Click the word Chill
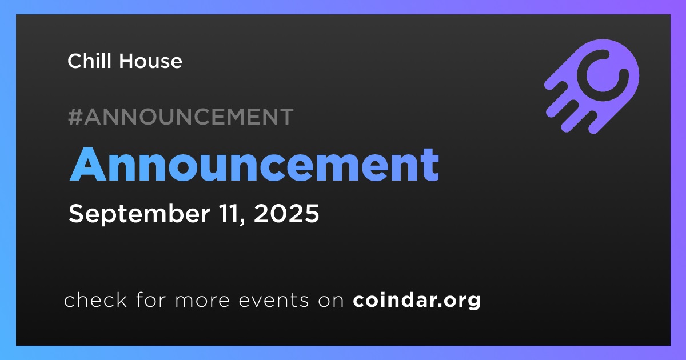[89, 61]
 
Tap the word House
[150, 61]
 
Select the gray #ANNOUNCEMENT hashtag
[181, 117]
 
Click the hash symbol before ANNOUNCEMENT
[75, 117]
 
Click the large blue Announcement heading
[254, 165]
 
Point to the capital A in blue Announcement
[88, 165]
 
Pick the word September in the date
[139, 214]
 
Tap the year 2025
[286, 213]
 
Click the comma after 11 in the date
[243, 221]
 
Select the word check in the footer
[95, 299]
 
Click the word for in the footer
[151, 299]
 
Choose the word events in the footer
[274, 301]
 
